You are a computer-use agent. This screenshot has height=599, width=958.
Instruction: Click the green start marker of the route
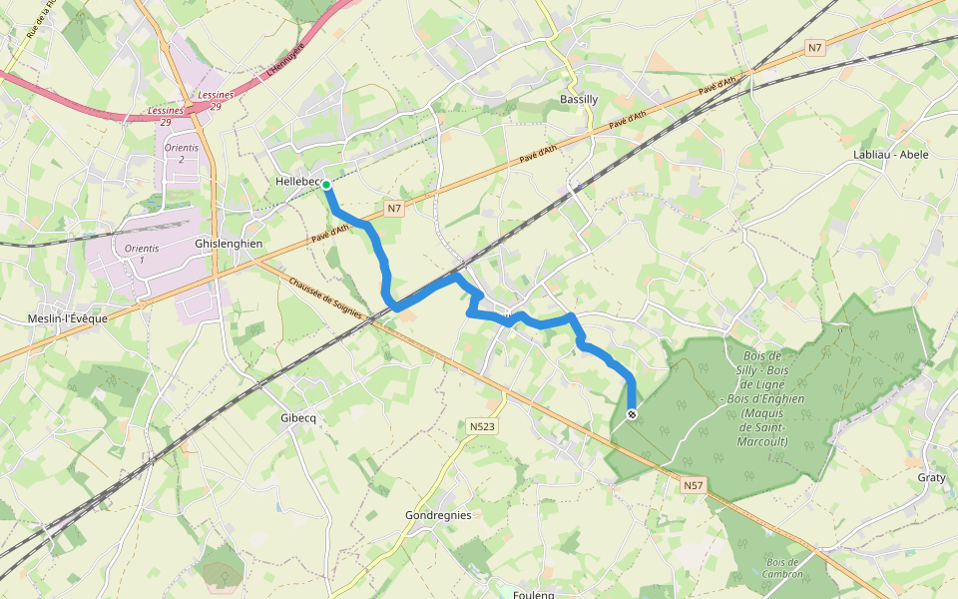tap(326, 185)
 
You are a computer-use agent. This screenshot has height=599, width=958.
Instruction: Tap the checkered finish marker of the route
tap(631, 414)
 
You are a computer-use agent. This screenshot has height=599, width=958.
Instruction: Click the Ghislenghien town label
tap(229, 244)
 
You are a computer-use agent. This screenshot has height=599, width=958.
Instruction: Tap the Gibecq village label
tap(298, 418)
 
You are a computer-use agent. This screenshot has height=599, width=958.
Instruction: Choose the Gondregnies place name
tap(438, 515)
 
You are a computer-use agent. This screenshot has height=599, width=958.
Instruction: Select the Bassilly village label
tap(579, 100)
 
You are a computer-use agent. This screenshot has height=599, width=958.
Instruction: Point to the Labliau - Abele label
tap(891, 155)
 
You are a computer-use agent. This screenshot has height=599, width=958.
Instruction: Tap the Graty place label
tap(931, 478)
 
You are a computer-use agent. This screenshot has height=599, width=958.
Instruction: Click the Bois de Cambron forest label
tap(782, 568)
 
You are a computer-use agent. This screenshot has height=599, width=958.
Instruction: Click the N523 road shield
tap(482, 427)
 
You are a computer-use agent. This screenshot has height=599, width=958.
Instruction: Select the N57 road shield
tap(694, 486)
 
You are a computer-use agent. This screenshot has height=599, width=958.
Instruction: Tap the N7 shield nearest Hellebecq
tap(394, 209)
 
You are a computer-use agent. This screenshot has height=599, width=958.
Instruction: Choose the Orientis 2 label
tap(181, 153)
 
